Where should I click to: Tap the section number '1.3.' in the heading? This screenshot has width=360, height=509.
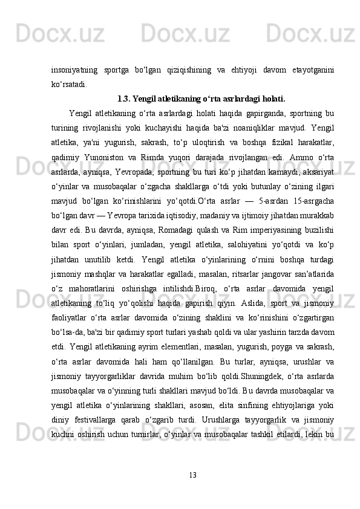(123, 98)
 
